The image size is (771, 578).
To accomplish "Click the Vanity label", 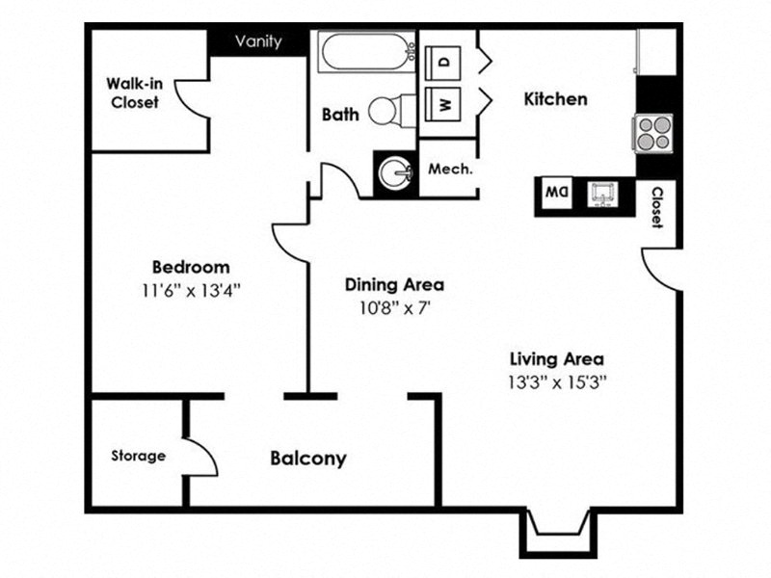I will coord(258,41).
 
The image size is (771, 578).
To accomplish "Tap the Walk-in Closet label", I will coord(134,92).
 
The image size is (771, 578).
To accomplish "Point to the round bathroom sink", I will coord(396,174).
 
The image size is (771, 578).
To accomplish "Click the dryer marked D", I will coord(444,60).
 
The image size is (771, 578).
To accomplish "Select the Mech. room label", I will coord(450,169).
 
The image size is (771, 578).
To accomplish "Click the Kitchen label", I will coord(555,99).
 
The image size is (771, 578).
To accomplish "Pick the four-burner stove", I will coord(652,133).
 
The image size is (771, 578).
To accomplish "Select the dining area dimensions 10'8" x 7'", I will coord(393,308).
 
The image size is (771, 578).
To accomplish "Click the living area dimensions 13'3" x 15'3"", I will coord(558,381).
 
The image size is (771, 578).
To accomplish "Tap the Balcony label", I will coord(307,459).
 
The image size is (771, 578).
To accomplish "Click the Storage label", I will coord(138,456).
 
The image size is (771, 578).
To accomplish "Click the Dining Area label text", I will coord(394,284).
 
